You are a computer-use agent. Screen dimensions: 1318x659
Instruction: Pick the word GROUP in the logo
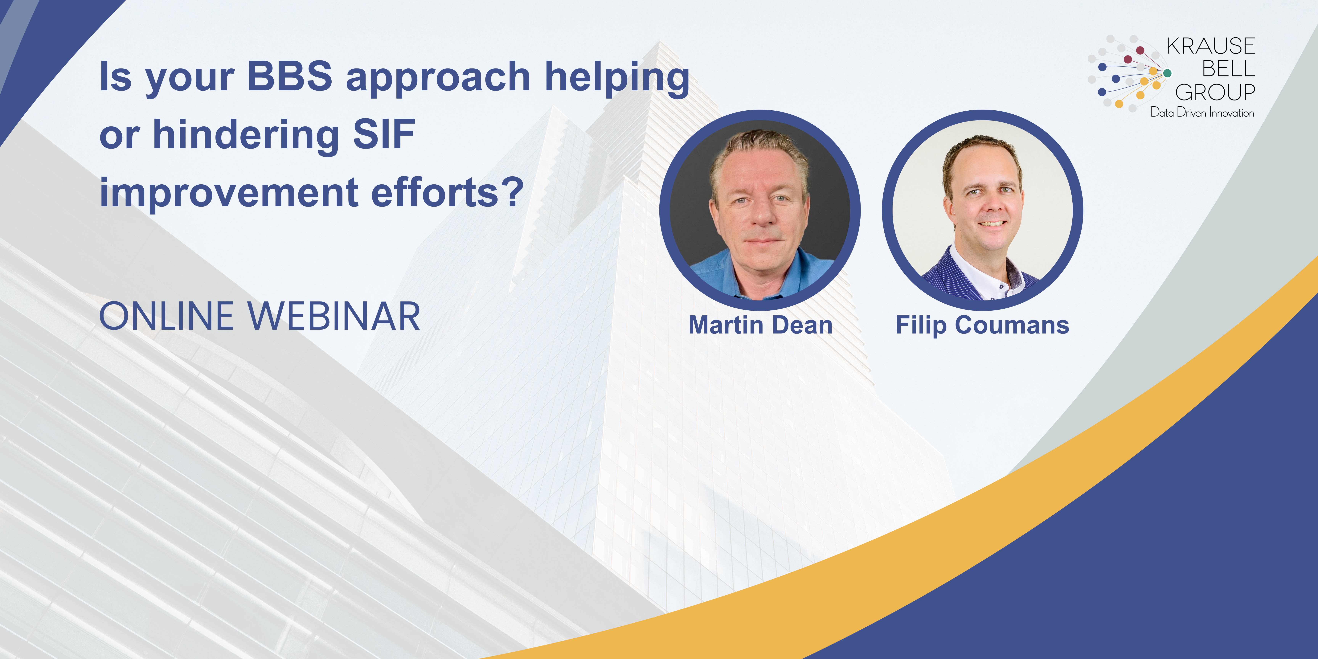(x=1215, y=93)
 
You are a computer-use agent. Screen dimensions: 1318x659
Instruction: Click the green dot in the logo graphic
(x=1167, y=73)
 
